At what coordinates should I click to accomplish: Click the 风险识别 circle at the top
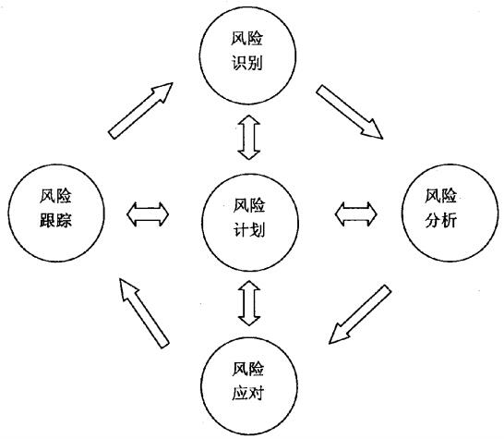click(x=246, y=55)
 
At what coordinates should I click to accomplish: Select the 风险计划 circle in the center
click(x=248, y=215)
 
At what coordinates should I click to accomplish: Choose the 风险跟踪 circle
click(x=53, y=210)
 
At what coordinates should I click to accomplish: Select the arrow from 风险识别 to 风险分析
click(x=349, y=113)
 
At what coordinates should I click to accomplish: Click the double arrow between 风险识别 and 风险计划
click(x=247, y=139)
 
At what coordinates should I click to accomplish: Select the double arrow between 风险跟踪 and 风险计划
click(x=149, y=213)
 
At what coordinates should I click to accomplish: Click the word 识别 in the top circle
click(x=246, y=68)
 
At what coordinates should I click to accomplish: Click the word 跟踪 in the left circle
click(x=53, y=223)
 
